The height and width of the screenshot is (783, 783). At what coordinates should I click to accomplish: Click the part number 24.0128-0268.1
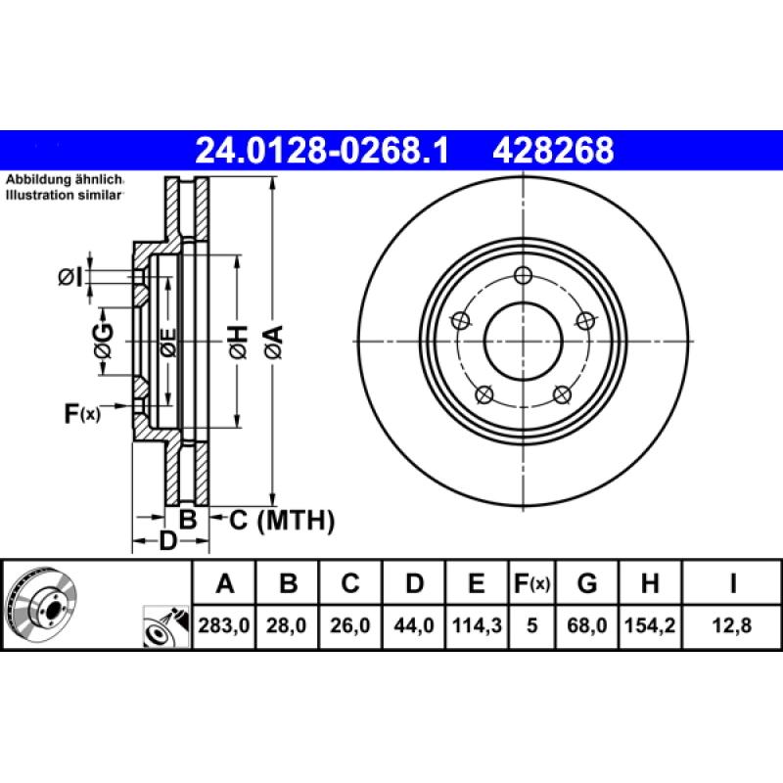point(322,151)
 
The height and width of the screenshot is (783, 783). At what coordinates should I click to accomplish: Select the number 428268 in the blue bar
point(554,151)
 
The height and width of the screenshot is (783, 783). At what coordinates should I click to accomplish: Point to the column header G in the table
point(587,585)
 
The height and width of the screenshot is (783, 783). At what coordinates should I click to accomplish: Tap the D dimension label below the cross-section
point(167,541)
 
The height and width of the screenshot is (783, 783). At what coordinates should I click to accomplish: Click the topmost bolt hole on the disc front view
point(523,275)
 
